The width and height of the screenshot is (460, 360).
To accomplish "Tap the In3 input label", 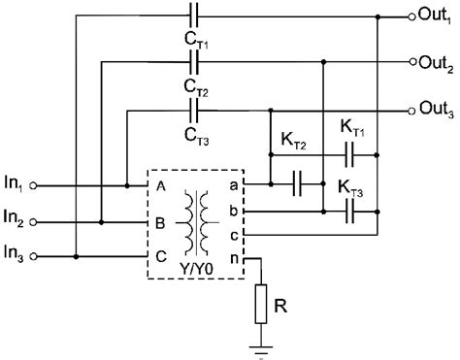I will pyautogui.click(x=16, y=256).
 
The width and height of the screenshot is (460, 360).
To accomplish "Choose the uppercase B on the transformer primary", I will pyautogui.click(x=159, y=221).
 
